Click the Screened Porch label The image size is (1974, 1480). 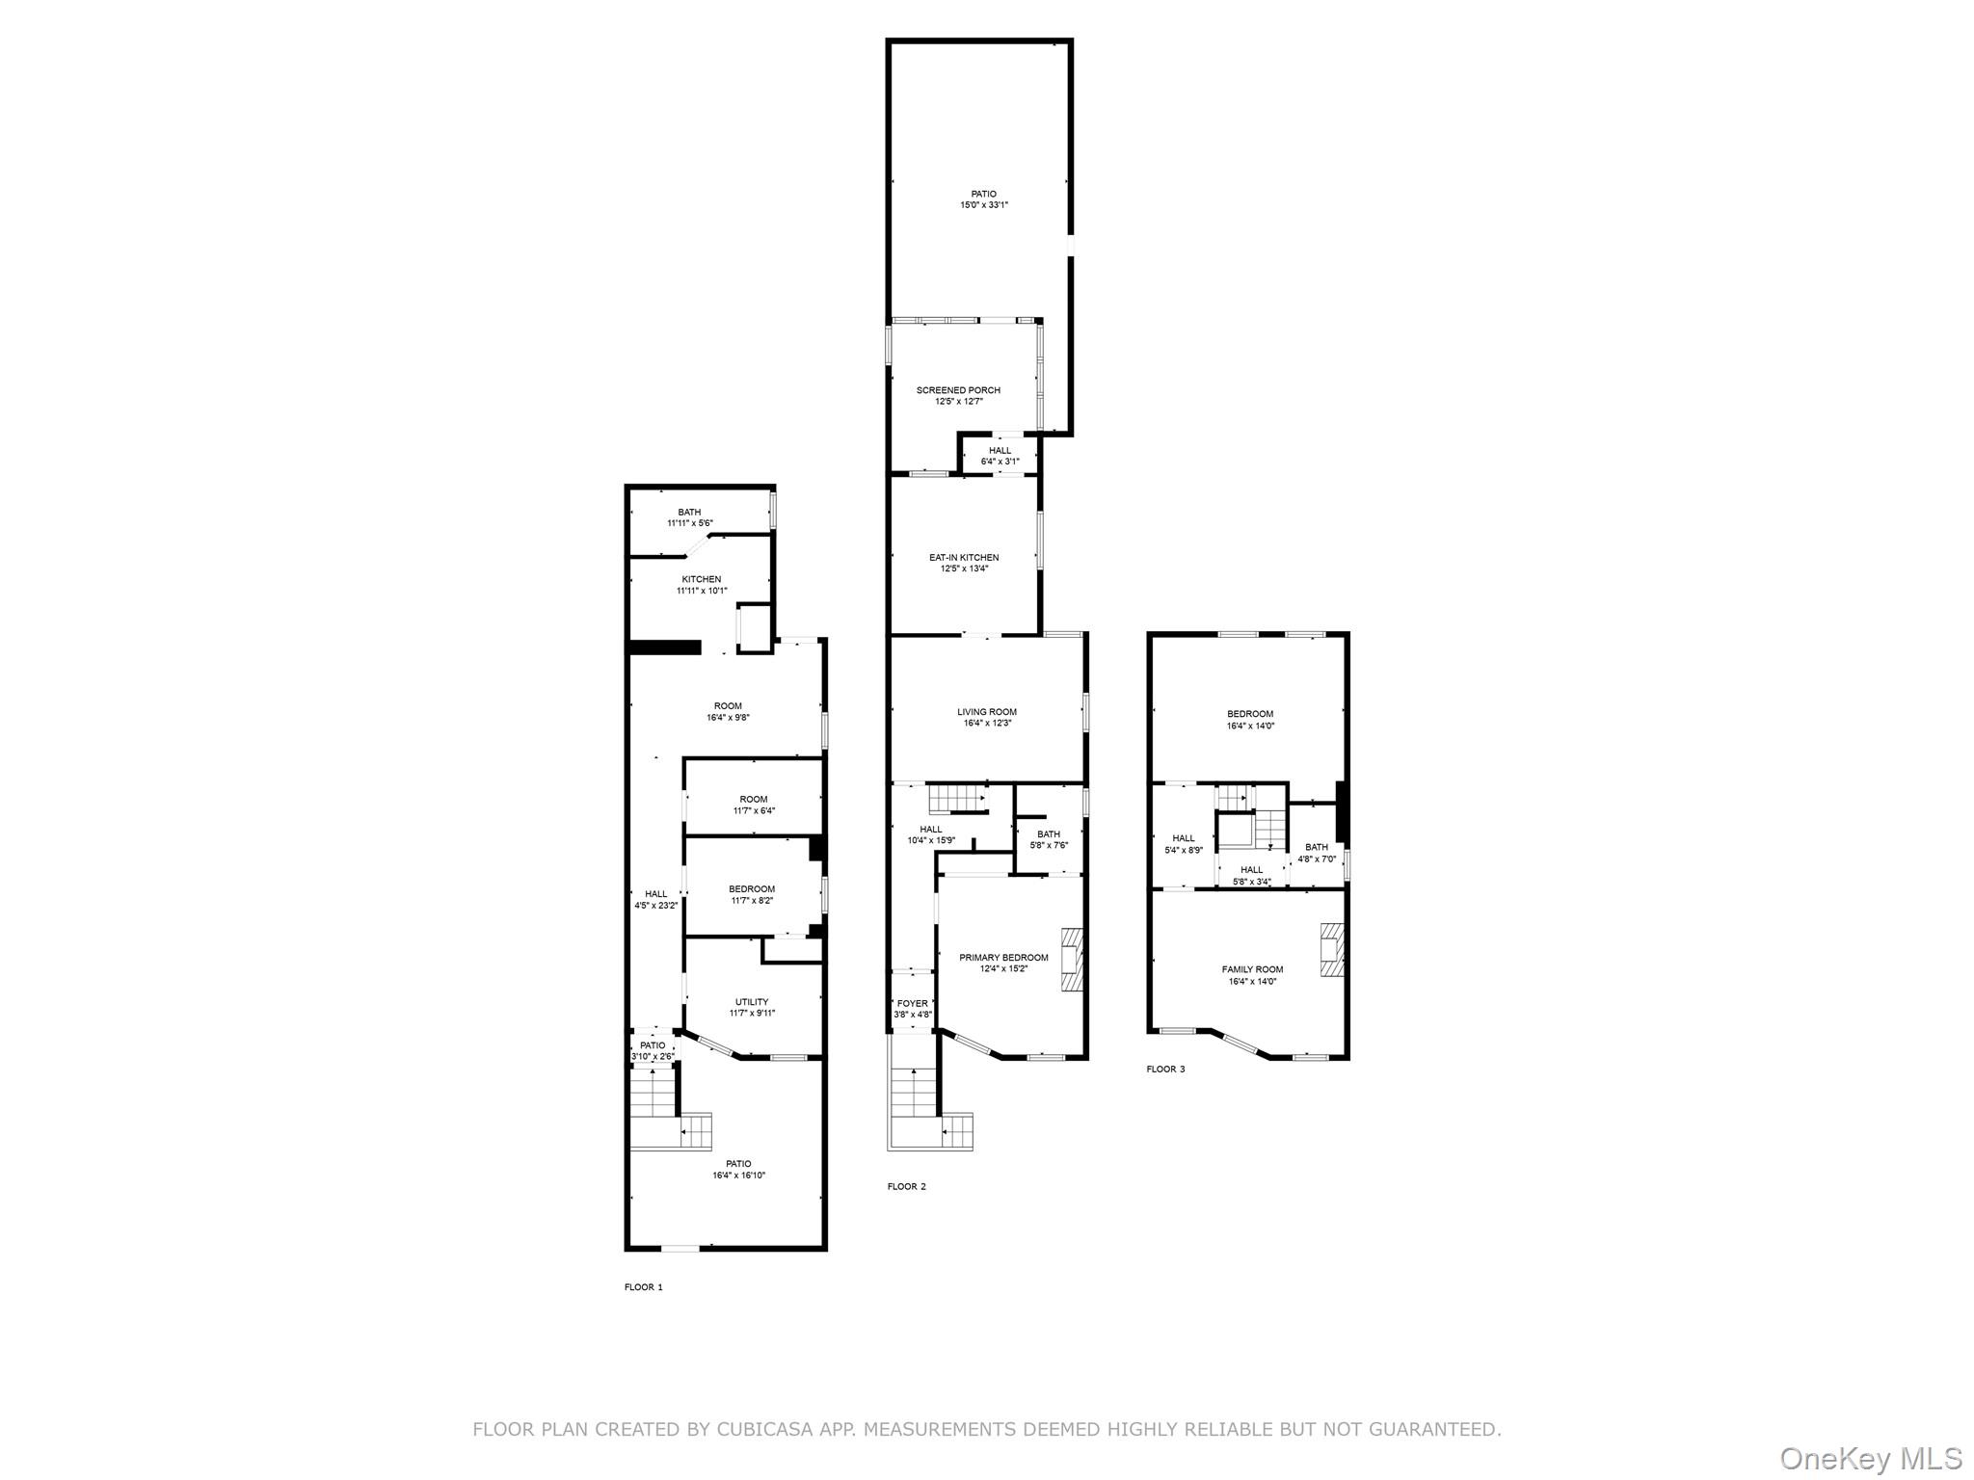tap(958, 390)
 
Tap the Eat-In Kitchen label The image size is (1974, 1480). tap(964, 558)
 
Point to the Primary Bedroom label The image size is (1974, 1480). tap(1003, 958)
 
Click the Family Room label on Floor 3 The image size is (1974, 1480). tap(1252, 969)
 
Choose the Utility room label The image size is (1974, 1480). tap(752, 1002)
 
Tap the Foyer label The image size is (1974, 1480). tap(912, 1003)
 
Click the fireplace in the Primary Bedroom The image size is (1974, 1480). tap(1071, 959)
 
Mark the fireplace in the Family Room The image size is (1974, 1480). tap(1332, 951)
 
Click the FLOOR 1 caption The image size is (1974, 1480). tap(644, 1287)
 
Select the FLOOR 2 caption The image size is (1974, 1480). tap(906, 1186)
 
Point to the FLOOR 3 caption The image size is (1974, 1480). tap(1165, 1069)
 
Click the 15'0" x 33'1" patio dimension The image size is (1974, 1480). tap(984, 205)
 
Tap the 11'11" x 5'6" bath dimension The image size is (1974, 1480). tap(689, 523)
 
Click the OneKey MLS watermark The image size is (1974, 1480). tap(1870, 1458)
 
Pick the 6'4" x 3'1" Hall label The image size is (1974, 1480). tap(1000, 462)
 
